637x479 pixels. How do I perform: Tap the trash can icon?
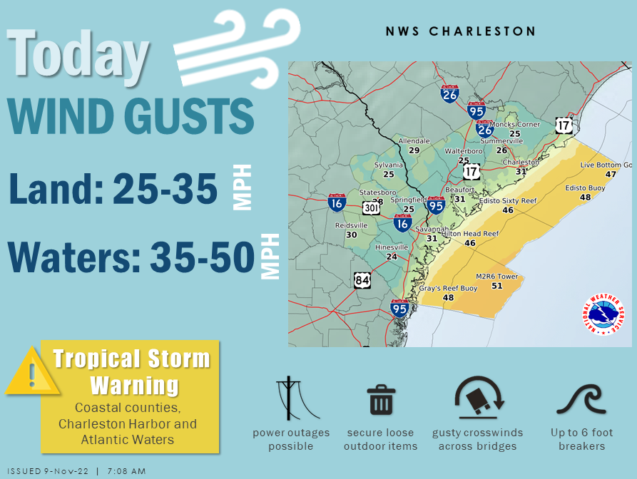point(381,400)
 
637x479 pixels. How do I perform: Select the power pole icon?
point(290,398)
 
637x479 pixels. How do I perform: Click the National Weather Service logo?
point(603,314)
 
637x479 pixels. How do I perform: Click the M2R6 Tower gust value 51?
point(496,286)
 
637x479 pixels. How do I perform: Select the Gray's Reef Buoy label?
point(448,289)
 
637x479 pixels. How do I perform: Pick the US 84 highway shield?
point(362,280)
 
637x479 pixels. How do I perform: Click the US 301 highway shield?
point(371,207)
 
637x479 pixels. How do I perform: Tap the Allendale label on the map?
point(414,141)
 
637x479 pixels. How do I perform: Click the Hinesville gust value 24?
point(391,257)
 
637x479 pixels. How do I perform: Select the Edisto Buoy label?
point(585,187)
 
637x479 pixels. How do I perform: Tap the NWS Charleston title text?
point(460,32)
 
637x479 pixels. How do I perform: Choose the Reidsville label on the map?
point(351,225)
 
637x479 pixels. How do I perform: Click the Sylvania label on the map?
point(389,165)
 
